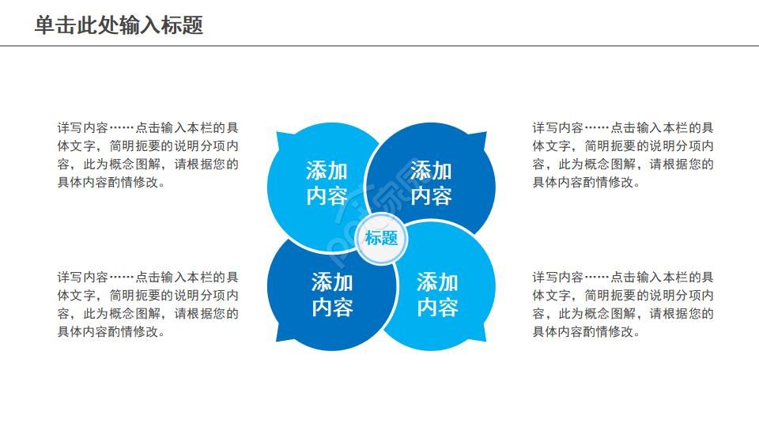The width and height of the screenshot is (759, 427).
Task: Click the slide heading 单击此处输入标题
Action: click(119, 25)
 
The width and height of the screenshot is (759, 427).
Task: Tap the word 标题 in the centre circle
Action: click(381, 237)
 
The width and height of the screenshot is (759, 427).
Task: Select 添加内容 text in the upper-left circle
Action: click(327, 183)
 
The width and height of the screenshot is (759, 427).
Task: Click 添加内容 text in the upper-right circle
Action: click(431, 183)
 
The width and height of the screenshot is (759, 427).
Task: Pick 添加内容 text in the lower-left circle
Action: click(332, 294)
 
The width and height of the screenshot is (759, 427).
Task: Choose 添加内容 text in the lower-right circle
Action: click(437, 294)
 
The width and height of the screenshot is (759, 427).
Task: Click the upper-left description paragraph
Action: click(149, 155)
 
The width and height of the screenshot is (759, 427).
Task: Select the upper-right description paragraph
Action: click(623, 155)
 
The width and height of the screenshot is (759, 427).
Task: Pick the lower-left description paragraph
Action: click(149, 304)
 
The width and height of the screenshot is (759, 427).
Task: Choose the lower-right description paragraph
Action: click(623, 304)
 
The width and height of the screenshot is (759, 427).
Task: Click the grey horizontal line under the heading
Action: click(379, 46)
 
